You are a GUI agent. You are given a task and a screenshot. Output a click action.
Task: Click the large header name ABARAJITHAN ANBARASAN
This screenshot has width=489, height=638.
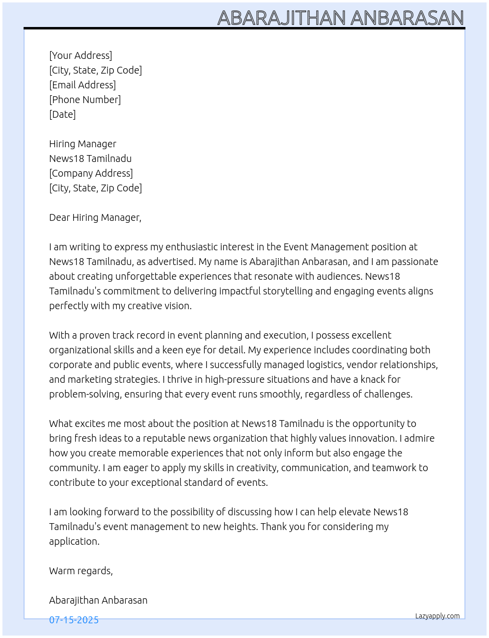pos(340,18)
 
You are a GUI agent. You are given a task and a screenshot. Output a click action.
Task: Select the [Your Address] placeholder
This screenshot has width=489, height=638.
pos(81,55)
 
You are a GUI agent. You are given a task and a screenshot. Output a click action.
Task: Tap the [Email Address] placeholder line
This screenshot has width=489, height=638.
pos(82,85)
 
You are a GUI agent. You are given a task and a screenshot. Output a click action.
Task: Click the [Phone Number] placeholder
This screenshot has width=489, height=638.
pos(85,100)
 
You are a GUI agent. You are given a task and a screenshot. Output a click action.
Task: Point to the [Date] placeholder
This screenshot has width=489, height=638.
pos(62,114)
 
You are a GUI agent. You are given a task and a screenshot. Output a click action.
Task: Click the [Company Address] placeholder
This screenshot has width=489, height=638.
pos(91,173)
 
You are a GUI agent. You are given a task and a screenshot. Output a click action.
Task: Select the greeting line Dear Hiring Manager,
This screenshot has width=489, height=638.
pos(95,217)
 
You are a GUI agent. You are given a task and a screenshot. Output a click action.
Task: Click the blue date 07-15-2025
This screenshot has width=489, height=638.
pos(74,620)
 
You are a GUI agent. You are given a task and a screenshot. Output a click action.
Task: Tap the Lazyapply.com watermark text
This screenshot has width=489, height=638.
pos(437,616)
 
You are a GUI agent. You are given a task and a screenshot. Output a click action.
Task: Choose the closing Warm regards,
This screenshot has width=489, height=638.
pos(81,571)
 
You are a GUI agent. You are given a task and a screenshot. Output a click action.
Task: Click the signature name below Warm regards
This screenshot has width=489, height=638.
pos(98,600)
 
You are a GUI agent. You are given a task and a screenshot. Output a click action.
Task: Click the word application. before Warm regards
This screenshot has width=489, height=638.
pos(74,541)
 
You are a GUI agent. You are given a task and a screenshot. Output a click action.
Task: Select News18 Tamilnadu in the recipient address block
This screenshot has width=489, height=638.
pos(90,159)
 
